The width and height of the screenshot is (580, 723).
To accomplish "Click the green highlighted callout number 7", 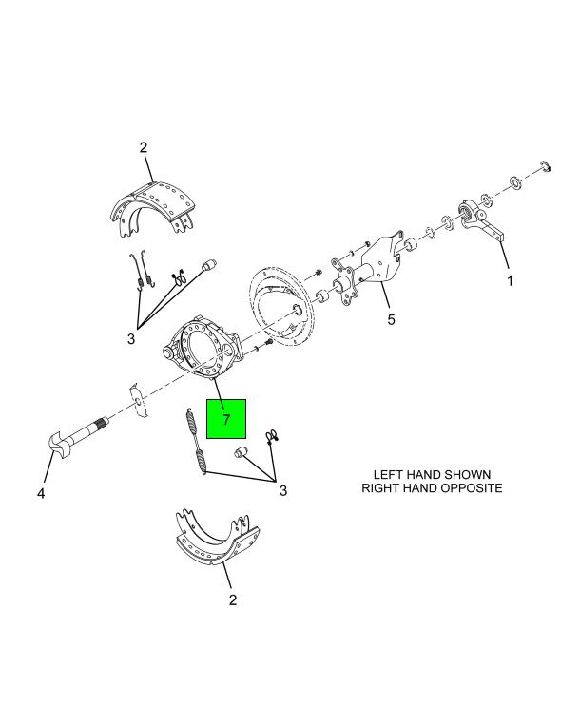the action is [226, 419].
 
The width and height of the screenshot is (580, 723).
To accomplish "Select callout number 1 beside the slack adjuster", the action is [510, 280].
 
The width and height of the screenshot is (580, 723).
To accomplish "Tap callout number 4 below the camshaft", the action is [41, 493].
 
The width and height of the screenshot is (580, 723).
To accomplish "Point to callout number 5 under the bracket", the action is [392, 319].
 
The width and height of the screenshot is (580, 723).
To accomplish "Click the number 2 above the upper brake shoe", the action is [144, 147].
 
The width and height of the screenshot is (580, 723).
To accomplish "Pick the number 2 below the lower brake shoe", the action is [233, 599].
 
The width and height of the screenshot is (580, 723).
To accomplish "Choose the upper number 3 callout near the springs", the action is [131, 339].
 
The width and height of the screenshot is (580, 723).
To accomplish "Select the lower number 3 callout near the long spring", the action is [283, 490].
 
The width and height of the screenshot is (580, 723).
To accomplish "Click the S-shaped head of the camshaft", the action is [59, 445].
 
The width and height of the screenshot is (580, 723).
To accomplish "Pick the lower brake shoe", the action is [217, 537].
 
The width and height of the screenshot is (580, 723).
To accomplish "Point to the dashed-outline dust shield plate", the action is [281, 306].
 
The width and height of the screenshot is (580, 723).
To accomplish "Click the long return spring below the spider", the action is [197, 441].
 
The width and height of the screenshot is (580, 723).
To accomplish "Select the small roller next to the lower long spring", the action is [242, 451].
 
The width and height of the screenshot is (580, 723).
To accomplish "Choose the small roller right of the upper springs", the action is [209, 265].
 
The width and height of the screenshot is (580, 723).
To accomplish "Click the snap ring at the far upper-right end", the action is [546, 166].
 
